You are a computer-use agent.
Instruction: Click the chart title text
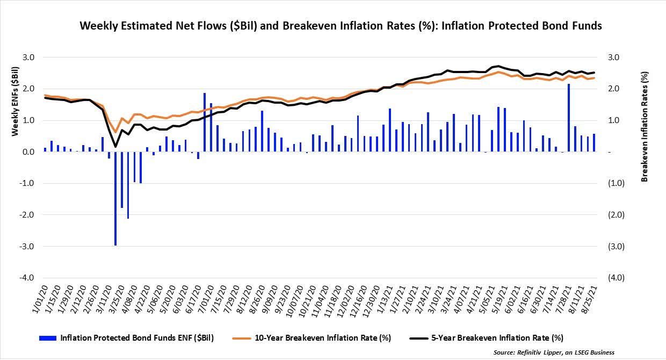341,26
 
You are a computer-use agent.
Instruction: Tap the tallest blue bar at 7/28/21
568,118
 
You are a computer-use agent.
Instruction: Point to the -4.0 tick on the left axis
27,278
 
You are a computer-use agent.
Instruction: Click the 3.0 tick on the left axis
28,57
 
